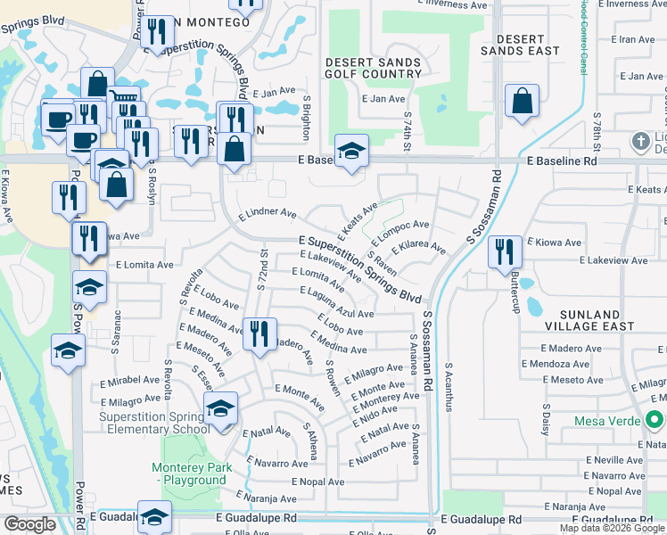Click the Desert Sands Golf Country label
coord(373,68)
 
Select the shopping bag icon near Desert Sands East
coord(522,103)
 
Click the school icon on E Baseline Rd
coord(351,151)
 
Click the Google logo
coord(29,524)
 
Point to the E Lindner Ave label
coord(268,215)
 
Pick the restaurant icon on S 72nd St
coord(258,335)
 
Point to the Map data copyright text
coord(612,527)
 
